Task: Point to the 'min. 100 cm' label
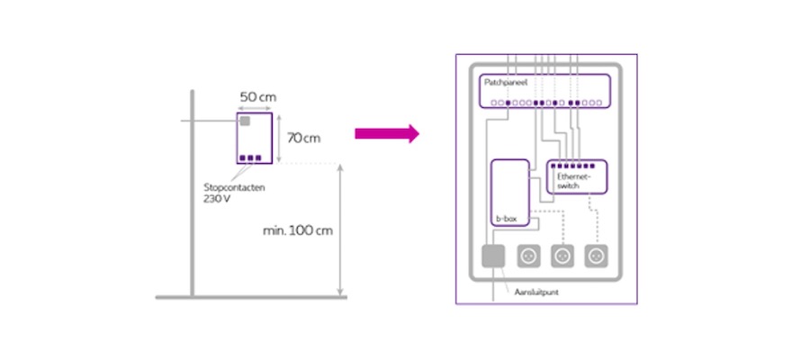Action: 297,230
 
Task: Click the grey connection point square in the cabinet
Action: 494,258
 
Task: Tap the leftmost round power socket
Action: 528,257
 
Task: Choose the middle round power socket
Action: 562,257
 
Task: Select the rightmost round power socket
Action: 596,257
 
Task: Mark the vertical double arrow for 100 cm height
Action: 339,229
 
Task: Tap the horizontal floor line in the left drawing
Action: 251,297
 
